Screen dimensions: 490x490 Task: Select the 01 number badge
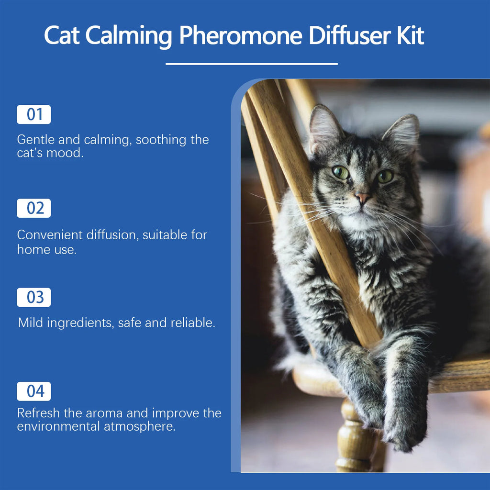tap(34, 115)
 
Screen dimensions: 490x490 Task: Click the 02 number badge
tap(34, 209)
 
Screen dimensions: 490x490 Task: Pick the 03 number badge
tap(34, 297)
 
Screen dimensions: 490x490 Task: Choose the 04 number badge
tap(34, 391)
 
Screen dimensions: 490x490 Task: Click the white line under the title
tap(251, 64)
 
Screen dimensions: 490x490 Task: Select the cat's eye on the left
tap(340, 172)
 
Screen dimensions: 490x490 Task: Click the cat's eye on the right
tap(385, 177)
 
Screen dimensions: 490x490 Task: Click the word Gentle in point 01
tap(36, 140)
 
